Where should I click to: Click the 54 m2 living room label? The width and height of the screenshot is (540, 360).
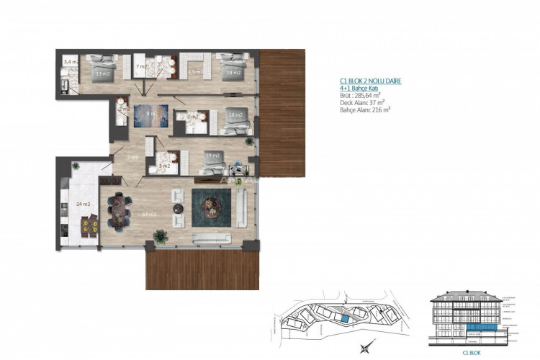(x=150, y=214)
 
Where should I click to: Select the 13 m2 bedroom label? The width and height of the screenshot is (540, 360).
(x=103, y=73)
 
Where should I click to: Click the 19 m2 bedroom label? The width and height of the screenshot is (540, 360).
(x=212, y=155)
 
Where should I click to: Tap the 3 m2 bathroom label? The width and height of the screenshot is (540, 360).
(x=165, y=166)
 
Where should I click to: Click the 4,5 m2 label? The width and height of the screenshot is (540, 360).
(x=194, y=73)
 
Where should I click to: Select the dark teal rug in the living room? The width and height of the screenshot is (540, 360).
(x=211, y=205)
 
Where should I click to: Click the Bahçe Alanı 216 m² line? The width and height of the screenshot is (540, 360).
(x=366, y=111)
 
